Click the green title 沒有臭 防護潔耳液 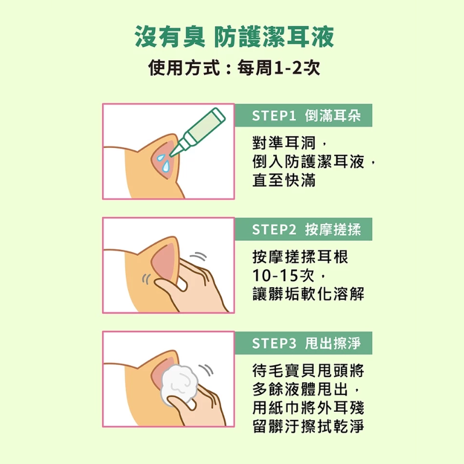click(x=234, y=37)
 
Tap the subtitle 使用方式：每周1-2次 click(x=234, y=68)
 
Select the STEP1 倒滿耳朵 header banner click(x=303, y=115)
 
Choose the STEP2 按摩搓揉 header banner click(x=303, y=229)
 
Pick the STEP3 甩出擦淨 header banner click(x=303, y=343)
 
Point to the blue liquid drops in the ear click(x=163, y=163)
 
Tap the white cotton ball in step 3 click(x=180, y=385)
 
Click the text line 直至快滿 click(x=284, y=180)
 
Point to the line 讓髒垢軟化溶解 click(x=308, y=294)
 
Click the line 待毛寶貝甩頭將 click(x=308, y=371)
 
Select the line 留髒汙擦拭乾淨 click(x=308, y=426)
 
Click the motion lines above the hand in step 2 click(x=198, y=256)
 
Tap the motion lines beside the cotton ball click(x=206, y=370)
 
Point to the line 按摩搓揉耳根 click(x=300, y=256)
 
